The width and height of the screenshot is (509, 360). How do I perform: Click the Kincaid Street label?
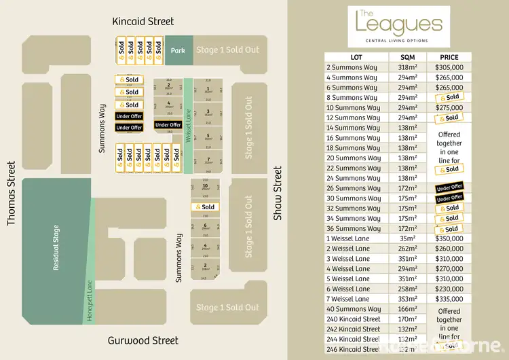point(143,22)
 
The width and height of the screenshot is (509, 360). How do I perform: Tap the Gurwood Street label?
point(143,340)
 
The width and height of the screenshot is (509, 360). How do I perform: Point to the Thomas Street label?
point(11,193)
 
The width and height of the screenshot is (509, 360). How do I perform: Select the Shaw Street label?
point(277,193)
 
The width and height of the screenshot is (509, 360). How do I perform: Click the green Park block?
point(178,50)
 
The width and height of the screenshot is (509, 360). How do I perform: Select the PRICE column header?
point(449,57)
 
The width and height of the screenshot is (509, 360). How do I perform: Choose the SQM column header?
point(407,57)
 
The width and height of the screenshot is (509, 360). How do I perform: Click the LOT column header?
point(356,57)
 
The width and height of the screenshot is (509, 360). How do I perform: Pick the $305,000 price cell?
point(449,67)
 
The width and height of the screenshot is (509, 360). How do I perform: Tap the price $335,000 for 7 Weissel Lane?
point(449,299)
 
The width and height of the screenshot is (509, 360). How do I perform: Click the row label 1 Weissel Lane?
point(348,238)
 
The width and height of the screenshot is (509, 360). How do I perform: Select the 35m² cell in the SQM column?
point(407,238)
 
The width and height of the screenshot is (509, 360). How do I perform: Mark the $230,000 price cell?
point(449,289)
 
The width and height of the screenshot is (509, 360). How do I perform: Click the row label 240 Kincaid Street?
point(353,319)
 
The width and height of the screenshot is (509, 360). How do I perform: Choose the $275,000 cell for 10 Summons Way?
point(449,107)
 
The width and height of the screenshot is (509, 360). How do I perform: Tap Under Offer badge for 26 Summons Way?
point(449,187)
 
